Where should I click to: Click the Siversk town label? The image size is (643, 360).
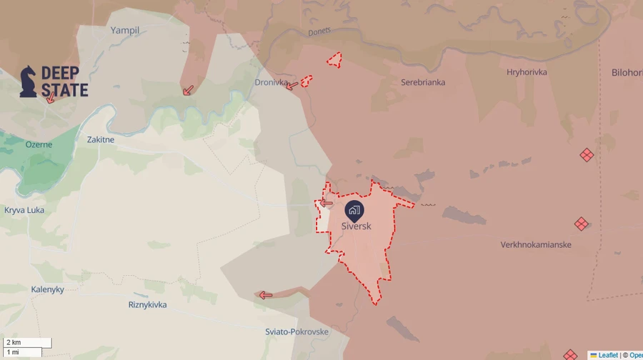(x=356, y=226)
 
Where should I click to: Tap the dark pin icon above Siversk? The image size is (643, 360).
(x=354, y=210)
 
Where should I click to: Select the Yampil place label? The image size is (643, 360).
(x=125, y=31)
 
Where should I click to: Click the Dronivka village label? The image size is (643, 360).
(x=271, y=83)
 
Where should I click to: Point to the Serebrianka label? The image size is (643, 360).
(x=423, y=82)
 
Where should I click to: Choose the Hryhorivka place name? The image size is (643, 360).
(x=527, y=72)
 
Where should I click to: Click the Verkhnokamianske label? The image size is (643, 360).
(x=536, y=245)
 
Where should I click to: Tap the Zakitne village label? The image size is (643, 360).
(x=100, y=140)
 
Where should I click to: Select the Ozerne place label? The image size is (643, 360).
(x=39, y=145)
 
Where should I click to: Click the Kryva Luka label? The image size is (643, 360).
(x=24, y=210)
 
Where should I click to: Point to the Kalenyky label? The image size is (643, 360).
(x=47, y=289)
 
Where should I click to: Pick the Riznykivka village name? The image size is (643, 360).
(x=147, y=305)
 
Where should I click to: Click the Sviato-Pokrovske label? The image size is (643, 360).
(x=296, y=331)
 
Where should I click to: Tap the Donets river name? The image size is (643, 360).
(x=319, y=32)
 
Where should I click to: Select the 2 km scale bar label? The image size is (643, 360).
(x=14, y=343)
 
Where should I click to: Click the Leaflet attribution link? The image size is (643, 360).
(x=607, y=355)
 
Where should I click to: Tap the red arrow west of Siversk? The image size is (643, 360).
(x=326, y=203)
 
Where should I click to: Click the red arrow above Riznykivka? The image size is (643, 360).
(x=265, y=295)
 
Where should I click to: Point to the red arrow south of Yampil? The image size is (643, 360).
(x=188, y=90)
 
